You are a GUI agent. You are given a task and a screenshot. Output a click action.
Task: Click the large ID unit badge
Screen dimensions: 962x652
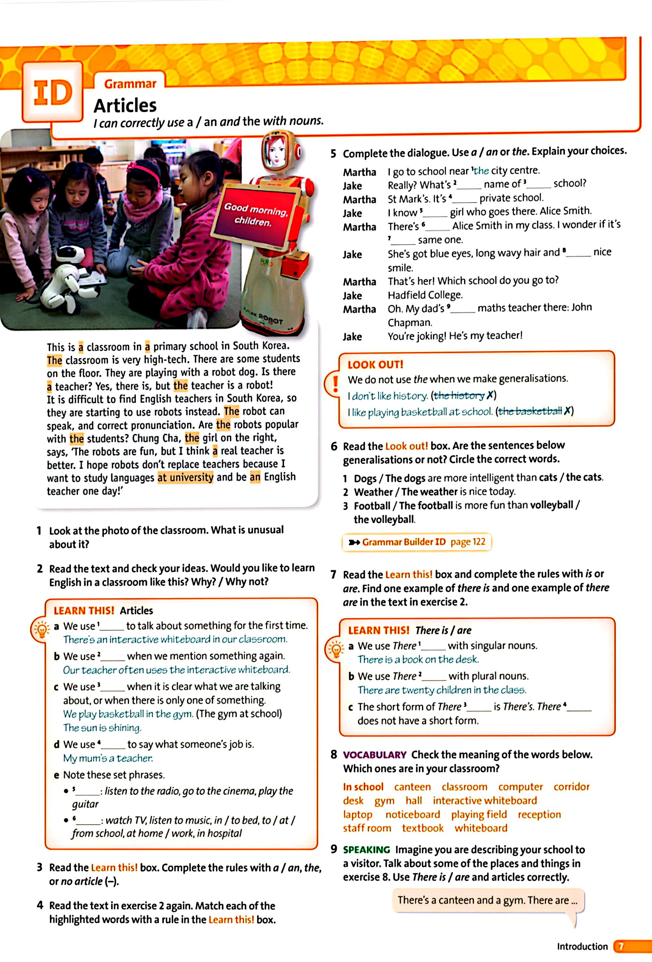coord(53,92)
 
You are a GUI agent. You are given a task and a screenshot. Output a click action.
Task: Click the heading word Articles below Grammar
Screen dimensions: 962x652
coord(125,105)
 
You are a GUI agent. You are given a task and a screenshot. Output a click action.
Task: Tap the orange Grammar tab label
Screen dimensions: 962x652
coord(130,84)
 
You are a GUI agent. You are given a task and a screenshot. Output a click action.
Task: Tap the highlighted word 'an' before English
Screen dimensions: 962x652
coord(255,477)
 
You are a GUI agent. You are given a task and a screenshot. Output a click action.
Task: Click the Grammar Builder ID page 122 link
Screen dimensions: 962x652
coord(417,542)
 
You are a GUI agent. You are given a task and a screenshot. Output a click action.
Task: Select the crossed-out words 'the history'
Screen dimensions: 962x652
coord(459,396)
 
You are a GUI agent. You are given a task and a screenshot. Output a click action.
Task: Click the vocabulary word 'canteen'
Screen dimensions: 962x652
coord(412,787)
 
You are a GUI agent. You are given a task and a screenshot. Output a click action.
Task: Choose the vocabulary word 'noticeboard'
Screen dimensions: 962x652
coord(413,814)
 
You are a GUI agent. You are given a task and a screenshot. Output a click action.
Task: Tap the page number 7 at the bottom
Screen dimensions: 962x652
coord(621,947)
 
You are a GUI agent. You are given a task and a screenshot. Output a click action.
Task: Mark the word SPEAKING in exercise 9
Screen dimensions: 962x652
coord(366,850)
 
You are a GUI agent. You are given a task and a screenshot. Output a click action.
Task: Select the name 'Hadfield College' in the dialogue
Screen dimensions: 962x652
coord(425,295)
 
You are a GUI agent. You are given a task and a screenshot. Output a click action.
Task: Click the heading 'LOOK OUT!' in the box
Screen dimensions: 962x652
coord(375,365)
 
